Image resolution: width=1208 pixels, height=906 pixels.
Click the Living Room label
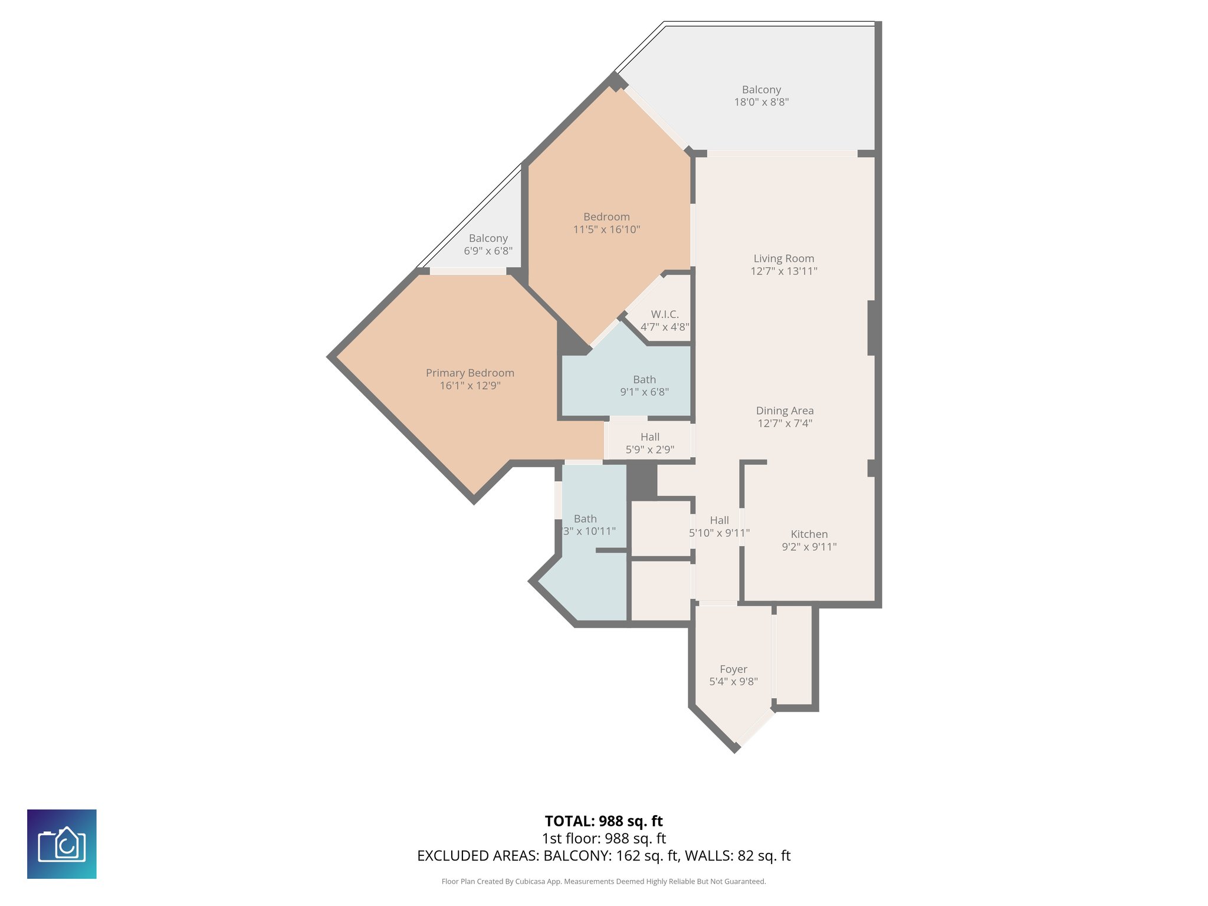point(783,258)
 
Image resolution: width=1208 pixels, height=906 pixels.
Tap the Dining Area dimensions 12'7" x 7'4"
point(784,423)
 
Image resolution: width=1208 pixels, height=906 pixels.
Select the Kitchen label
point(809,534)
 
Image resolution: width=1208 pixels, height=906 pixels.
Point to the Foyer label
point(733,669)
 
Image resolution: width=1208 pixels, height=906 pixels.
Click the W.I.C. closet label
point(665,314)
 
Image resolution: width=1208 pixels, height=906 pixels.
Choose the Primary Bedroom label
point(470,373)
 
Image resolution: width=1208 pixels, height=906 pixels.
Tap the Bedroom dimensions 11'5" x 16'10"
point(606,229)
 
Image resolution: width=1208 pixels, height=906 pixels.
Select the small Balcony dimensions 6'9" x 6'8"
point(488,251)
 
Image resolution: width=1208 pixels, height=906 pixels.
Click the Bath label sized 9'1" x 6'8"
point(644,379)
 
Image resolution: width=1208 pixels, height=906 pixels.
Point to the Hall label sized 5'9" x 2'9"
point(649,437)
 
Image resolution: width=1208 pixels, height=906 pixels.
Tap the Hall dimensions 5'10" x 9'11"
point(719,533)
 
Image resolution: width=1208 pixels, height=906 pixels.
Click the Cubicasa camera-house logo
point(62,843)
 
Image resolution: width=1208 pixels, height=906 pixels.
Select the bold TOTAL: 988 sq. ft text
point(603,821)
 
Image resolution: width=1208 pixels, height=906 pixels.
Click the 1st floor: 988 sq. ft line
point(603,838)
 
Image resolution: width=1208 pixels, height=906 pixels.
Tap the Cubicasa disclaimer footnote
point(603,881)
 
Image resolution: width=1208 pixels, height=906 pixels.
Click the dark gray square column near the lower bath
point(642,481)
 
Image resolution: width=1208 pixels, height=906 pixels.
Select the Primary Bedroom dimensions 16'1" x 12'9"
point(470,386)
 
